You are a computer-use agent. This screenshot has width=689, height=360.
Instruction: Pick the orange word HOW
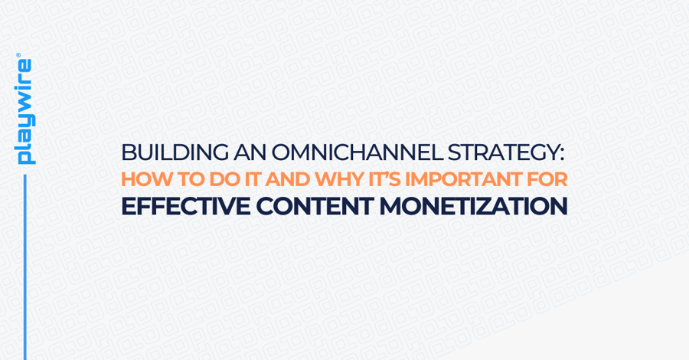coord(142,179)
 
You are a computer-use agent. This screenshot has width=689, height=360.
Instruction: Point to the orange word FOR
coord(545,179)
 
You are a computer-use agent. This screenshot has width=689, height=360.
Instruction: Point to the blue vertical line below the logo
coord(24,268)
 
